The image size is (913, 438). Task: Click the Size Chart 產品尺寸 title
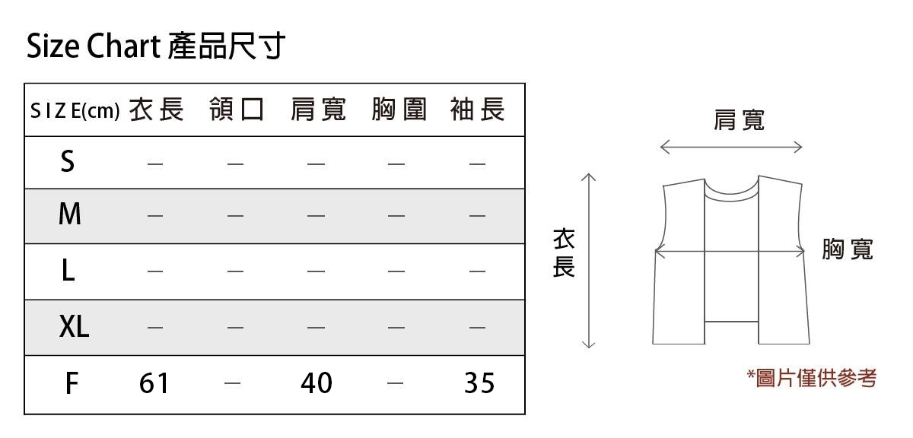tap(156, 46)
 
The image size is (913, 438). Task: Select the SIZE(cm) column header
tap(75, 112)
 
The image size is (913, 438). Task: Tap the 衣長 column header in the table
tap(157, 110)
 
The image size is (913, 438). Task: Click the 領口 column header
tap(237, 110)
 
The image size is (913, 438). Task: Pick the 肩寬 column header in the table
tap(318, 110)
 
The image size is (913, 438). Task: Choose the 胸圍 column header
tap(399, 110)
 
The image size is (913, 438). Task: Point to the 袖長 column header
tap(478, 110)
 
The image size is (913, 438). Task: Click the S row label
tap(68, 161)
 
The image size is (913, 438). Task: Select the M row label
tap(69, 215)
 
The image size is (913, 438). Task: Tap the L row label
tap(68, 270)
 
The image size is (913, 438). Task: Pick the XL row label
tap(74, 327)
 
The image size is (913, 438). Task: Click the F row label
tap(71, 383)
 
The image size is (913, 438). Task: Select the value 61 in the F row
tap(154, 383)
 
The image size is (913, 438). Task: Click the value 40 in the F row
tap(317, 383)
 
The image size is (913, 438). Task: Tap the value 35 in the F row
tap(479, 383)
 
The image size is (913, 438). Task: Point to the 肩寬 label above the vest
tap(739, 120)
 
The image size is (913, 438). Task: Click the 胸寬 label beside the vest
tap(848, 249)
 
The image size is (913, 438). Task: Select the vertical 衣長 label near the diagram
tap(563, 254)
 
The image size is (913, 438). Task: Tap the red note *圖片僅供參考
tap(812, 378)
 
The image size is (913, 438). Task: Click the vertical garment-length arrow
tap(588, 261)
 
